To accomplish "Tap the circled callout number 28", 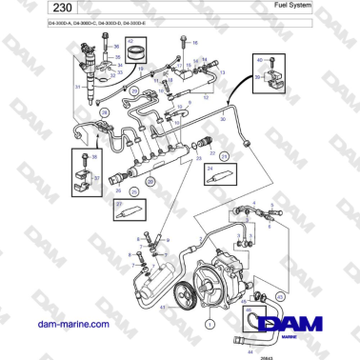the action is pos(133,91).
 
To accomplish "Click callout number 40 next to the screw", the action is pos(260,59).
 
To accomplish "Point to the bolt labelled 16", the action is pos(183,44).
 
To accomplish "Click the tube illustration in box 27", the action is pos(128,212).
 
